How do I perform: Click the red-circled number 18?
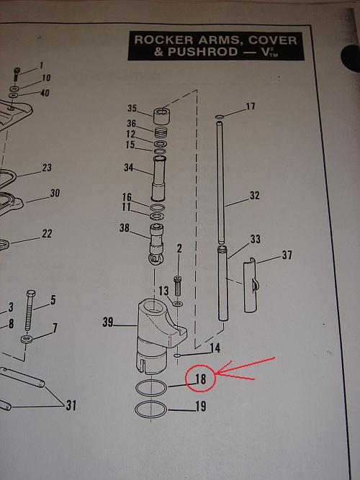click(x=200, y=379)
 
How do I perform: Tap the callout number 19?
click(x=201, y=406)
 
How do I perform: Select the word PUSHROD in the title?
click(x=203, y=52)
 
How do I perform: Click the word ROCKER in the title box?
click(x=163, y=40)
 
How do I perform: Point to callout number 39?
click(x=107, y=322)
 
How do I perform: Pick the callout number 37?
click(x=287, y=255)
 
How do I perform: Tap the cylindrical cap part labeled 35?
click(x=162, y=116)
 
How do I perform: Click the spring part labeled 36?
click(x=161, y=133)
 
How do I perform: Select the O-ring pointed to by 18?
click(x=151, y=388)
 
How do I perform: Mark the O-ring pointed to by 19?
click(x=150, y=409)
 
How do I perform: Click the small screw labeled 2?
click(x=178, y=285)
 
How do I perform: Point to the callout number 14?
click(x=215, y=348)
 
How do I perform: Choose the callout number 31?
click(x=71, y=405)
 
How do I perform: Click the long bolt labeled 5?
click(x=30, y=309)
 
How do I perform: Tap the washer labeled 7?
click(x=27, y=339)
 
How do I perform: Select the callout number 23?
click(x=47, y=168)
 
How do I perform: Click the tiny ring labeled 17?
click(x=219, y=117)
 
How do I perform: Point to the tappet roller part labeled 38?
click(x=156, y=244)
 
